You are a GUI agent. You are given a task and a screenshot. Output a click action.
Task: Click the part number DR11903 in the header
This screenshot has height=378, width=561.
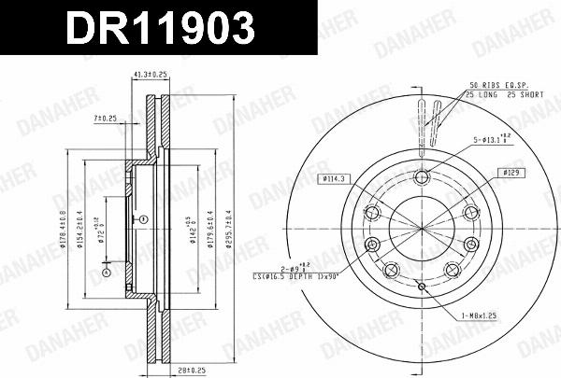154,29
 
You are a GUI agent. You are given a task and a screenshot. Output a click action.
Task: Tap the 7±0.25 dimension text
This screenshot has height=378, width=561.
105,119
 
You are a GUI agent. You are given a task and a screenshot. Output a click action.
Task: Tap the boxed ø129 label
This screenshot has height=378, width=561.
510,173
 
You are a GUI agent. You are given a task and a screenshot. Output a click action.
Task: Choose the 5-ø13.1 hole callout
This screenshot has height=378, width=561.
490,141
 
